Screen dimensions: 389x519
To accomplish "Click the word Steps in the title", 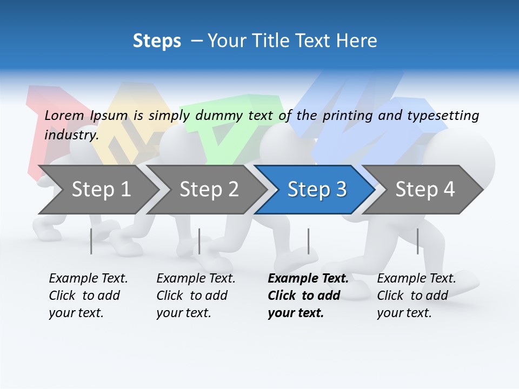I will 157,41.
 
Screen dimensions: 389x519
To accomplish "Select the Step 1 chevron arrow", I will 101,189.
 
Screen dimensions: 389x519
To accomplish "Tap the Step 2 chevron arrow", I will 209,189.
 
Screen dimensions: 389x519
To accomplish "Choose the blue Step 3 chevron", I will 317,189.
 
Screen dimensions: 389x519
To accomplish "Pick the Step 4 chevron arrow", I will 425,189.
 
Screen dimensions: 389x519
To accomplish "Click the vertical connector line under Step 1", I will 91,241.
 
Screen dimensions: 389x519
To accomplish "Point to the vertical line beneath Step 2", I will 199,241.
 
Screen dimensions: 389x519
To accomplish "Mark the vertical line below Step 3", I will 309,241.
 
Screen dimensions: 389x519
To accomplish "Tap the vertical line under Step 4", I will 418,241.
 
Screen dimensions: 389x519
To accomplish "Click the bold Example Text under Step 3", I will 307,296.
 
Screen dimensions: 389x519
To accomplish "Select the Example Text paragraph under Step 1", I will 88,296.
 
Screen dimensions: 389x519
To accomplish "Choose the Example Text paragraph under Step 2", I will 195,296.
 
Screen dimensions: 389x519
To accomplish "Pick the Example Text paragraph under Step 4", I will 416,296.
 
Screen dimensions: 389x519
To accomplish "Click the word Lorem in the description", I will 64,115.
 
